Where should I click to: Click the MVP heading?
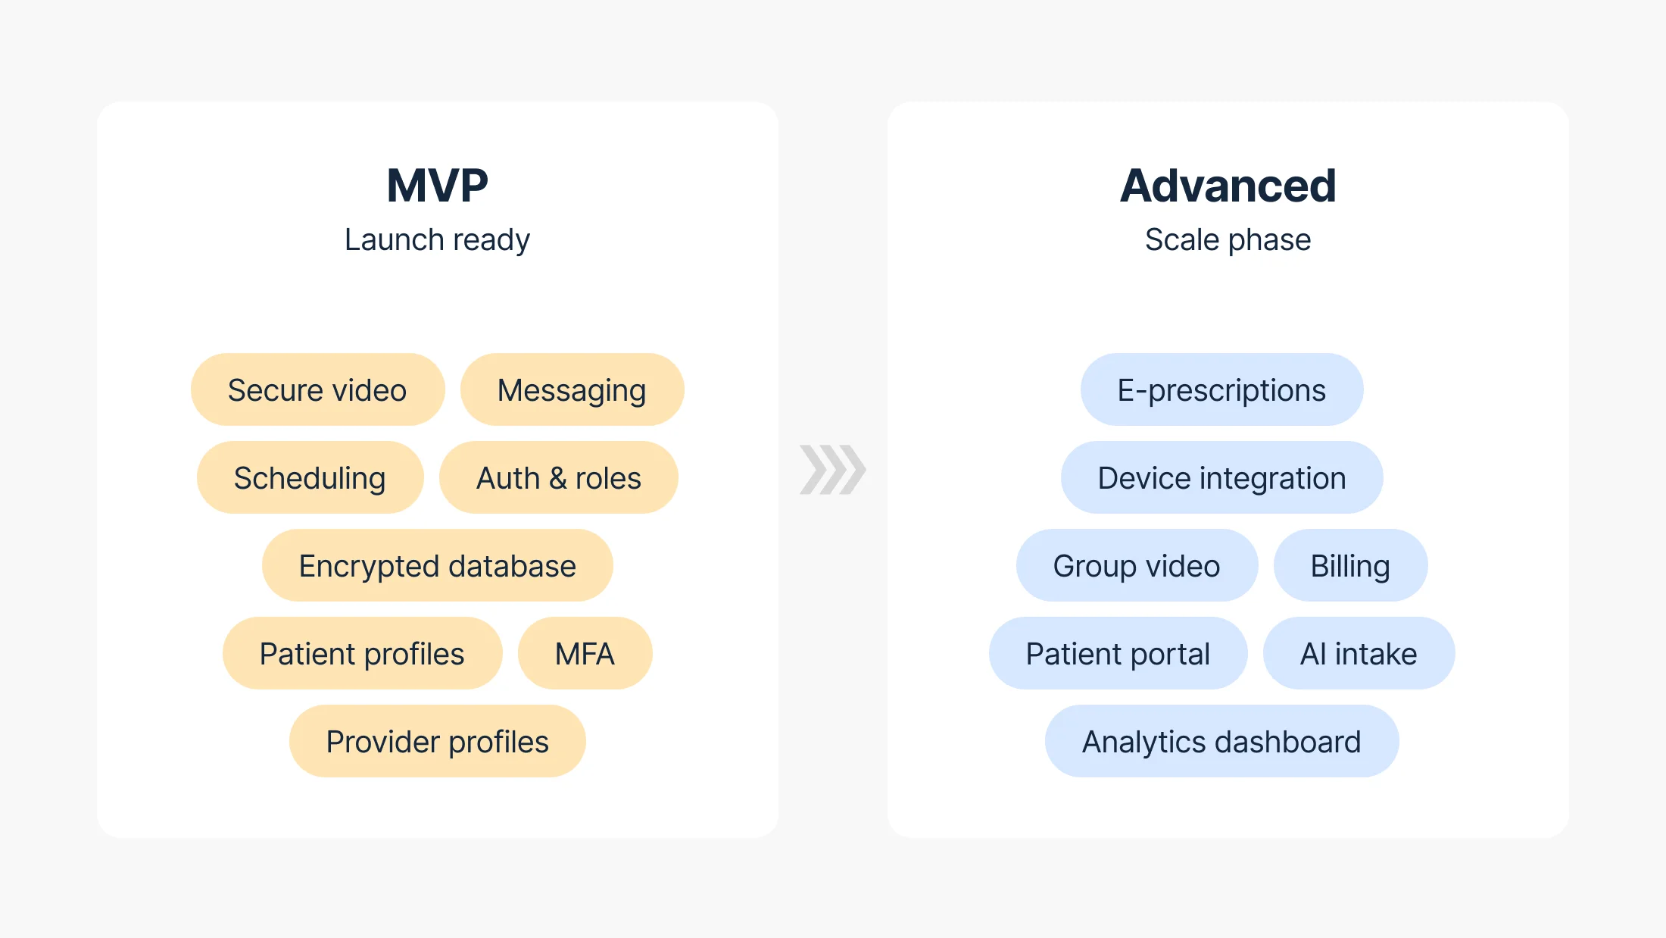pos(437,186)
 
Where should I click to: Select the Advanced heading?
pos(1228,186)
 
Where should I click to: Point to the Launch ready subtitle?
pos(437,240)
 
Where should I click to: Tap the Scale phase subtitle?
pos(1228,240)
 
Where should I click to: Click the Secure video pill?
pos(317,390)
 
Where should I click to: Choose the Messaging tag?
pos(572,390)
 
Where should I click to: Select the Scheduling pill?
pos(310,478)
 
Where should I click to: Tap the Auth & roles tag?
pos(558,478)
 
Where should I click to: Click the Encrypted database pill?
pos(437,566)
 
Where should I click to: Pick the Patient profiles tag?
pos(362,654)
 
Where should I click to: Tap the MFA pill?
pos(585,654)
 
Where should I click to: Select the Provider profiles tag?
pos(437,742)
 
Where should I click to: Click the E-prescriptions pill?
pos(1221,390)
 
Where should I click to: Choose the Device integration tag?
pos(1221,478)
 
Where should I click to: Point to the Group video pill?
pos(1137,566)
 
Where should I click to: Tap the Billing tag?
pos(1350,566)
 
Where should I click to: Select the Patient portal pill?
pos(1118,654)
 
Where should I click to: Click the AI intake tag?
pos(1359,654)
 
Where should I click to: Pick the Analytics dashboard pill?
pos(1221,742)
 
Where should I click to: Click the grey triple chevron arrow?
pos(832,470)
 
